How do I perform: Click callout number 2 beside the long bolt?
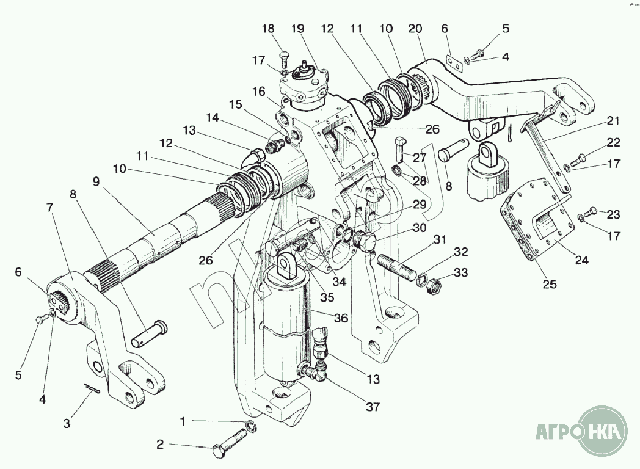pos(160,445)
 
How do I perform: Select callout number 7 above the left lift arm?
pos(49,208)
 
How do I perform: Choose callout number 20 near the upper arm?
pos(415,29)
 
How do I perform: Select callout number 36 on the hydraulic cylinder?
pos(341,318)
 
